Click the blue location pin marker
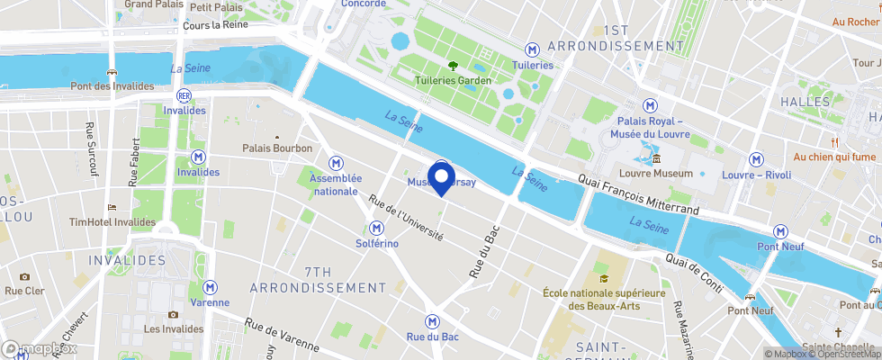(x=442, y=176)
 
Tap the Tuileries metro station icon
(x=533, y=49)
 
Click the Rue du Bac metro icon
(x=433, y=320)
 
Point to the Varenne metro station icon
(x=211, y=287)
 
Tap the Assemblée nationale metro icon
(x=336, y=163)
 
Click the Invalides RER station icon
(x=184, y=94)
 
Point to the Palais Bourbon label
(x=277, y=148)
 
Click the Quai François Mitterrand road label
(x=640, y=194)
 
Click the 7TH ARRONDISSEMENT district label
(x=317, y=280)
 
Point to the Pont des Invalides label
(x=111, y=86)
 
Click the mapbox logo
(x=40, y=348)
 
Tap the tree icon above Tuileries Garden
(x=453, y=65)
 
